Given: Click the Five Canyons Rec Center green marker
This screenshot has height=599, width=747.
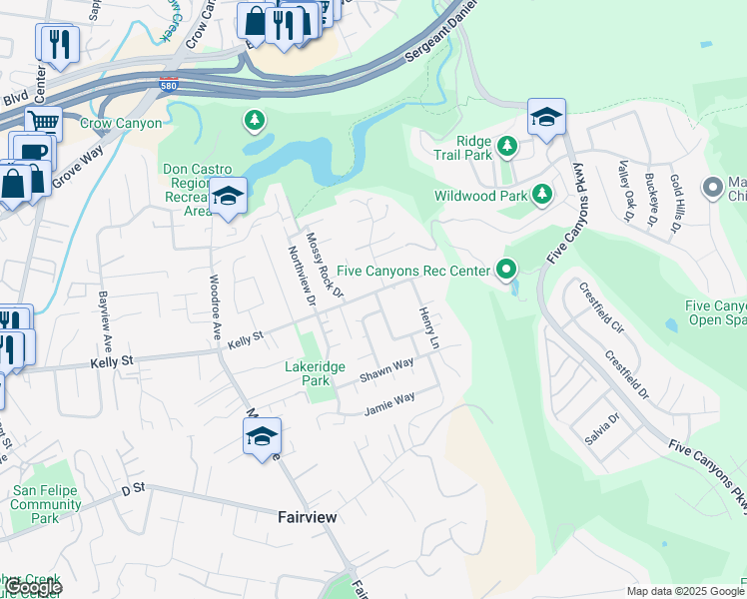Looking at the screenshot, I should click(506, 270).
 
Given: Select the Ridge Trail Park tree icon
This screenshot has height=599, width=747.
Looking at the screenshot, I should click(508, 148).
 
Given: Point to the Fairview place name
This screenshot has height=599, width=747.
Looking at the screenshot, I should click(307, 517).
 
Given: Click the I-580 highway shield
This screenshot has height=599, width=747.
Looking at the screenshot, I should click(170, 85).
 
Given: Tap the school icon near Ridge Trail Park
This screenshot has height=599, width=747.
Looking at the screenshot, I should click(546, 119).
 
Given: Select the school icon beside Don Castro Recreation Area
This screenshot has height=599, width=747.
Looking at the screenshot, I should click(228, 196).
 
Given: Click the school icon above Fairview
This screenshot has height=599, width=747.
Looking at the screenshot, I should click(262, 437).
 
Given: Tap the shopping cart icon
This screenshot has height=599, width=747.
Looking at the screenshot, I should click(43, 124).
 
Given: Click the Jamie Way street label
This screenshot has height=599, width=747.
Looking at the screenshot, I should click(388, 402).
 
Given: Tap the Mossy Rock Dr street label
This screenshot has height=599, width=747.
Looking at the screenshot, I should click(325, 265).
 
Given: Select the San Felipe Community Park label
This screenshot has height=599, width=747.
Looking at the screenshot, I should click(46, 504).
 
